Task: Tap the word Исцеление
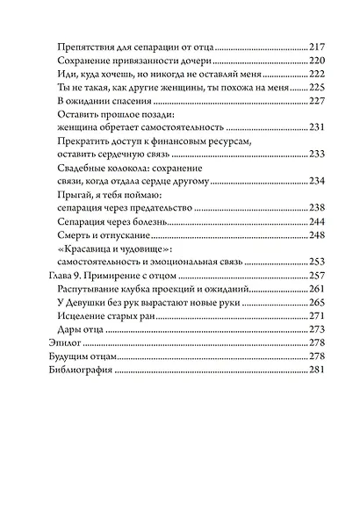point(81,314)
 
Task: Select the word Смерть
point(73,234)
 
